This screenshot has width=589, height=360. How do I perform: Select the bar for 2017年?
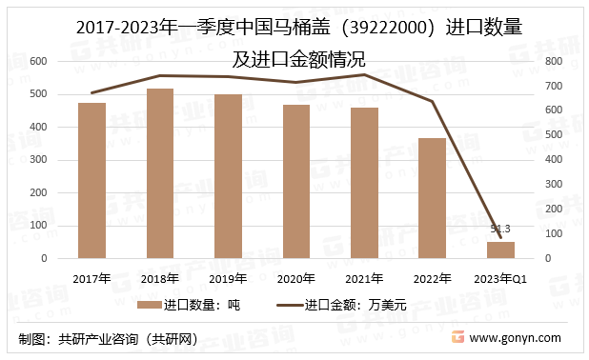[x=91, y=180]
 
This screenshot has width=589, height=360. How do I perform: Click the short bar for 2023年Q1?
[x=500, y=250]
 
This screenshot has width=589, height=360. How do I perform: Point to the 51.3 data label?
[x=500, y=229]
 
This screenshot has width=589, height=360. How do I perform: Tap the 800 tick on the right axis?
[x=553, y=61]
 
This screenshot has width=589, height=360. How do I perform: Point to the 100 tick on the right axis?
[x=553, y=233]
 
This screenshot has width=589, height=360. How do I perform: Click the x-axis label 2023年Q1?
[x=500, y=278]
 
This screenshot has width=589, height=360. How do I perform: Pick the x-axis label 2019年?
[x=228, y=278]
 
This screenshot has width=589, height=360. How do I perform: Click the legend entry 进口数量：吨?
[x=194, y=306]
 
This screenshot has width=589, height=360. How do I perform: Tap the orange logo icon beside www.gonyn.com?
[x=457, y=338]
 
